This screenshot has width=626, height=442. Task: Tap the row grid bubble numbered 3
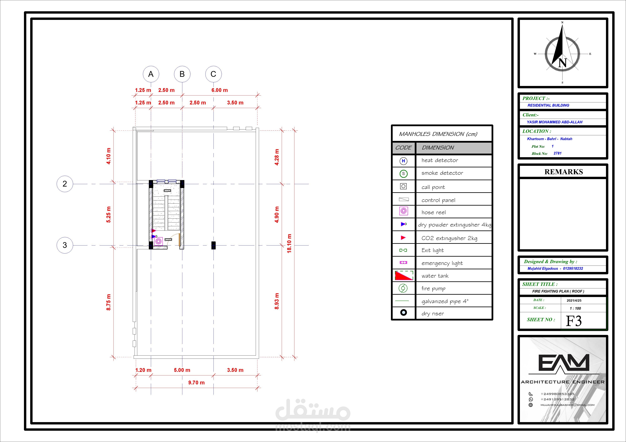[65, 245]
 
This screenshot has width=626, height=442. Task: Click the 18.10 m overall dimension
[289, 243]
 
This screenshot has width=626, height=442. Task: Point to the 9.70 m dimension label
[196, 383]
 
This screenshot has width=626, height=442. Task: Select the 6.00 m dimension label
[219, 90]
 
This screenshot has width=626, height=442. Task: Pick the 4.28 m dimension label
[277, 157]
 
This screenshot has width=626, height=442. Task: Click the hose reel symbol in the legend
[403, 211]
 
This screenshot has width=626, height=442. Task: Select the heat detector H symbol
[403, 161]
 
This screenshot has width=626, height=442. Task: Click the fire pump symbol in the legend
[403, 288]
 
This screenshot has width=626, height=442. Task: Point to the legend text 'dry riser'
[433, 313]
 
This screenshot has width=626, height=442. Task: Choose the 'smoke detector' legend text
[442, 173]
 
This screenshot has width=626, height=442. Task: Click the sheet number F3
[574, 321]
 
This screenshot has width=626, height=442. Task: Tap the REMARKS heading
[564, 172]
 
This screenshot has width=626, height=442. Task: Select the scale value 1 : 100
[575, 308]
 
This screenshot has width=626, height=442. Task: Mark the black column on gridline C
[213, 245]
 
